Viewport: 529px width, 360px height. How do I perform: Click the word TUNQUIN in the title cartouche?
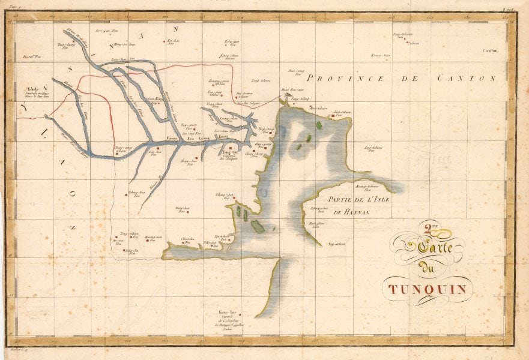click(427, 290)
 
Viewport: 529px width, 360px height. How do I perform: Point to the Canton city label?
click(490, 51)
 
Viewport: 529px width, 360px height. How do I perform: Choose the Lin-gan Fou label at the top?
click(104, 29)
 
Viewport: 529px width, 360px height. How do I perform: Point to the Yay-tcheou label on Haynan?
click(337, 244)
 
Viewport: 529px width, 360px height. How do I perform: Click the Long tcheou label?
click(261, 80)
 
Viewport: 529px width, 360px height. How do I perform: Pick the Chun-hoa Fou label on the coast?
click(188, 240)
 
